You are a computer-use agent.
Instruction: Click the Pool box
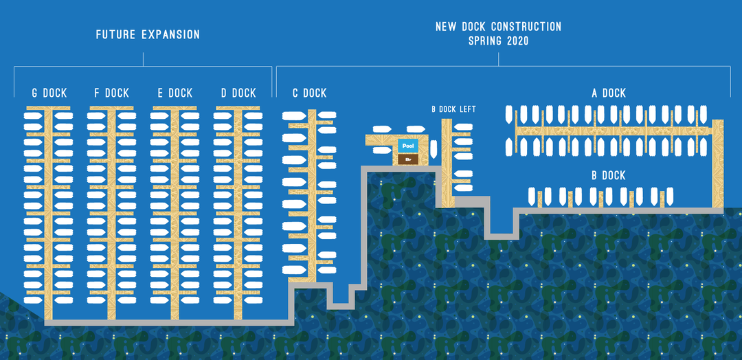pos(408,146)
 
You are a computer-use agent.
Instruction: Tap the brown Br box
pos(408,159)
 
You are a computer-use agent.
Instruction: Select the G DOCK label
pos(49,93)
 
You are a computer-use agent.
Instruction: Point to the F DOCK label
pos(112,93)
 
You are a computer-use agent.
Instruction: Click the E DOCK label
pos(175,93)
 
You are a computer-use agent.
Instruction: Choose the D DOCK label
pos(238,93)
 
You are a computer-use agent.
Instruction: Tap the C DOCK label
pos(309,93)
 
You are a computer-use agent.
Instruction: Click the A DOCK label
pos(609,93)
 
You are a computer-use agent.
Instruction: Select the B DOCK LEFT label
pos(454,109)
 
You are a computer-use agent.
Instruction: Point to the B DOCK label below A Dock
pos(609,175)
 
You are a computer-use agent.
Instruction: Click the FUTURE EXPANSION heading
pos(148,34)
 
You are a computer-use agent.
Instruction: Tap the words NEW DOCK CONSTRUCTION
pos(498,27)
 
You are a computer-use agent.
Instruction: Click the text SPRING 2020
pos(498,41)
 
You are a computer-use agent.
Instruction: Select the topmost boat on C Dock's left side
pos(294,116)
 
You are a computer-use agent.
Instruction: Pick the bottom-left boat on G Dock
pos(34,300)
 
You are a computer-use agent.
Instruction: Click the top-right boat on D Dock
pos(253,115)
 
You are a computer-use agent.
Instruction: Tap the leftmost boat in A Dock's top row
pos(509,115)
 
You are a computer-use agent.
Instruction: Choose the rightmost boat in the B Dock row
pos(669,196)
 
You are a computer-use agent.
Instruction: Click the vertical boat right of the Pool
pos(434,150)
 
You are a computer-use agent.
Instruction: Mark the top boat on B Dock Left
pos(463,127)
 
